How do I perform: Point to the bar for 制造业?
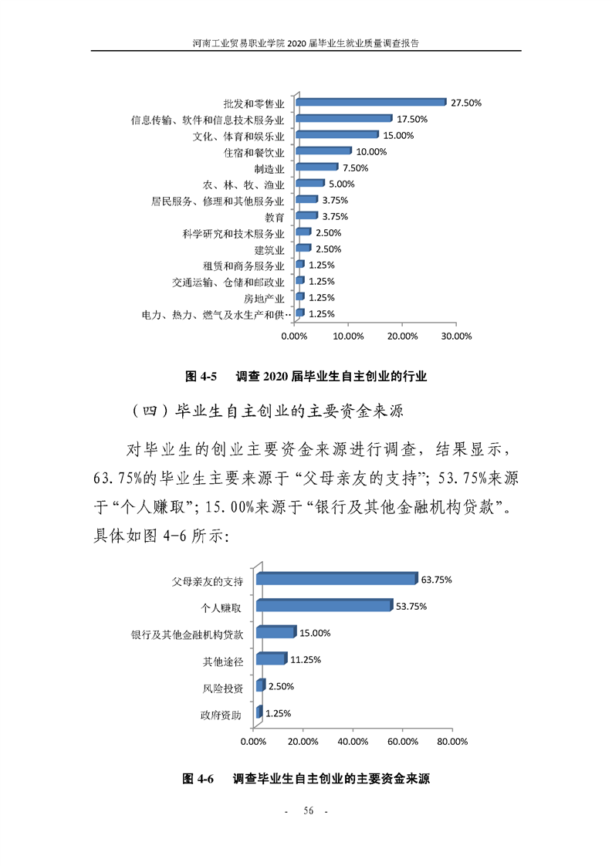pyautogui.click(x=316, y=167)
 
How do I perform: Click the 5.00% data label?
pyautogui.click(x=341, y=184)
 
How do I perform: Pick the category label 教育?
pyautogui.click(x=275, y=217)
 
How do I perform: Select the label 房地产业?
pyautogui.click(x=265, y=298)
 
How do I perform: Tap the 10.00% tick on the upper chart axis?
pyautogui.click(x=348, y=337)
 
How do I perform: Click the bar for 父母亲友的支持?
pyautogui.click(x=336, y=579)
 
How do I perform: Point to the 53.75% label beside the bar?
pyautogui.click(x=411, y=606)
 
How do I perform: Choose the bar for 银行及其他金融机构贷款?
pyautogui.click(x=276, y=633)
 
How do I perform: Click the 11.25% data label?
pyautogui.click(x=305, y=660)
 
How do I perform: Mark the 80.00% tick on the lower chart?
pyautogui.click(x=452, y=742)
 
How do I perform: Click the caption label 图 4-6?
pyautogui.click(x=199, y=779)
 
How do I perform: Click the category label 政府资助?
pyautogui.click(x=221, y=715)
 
